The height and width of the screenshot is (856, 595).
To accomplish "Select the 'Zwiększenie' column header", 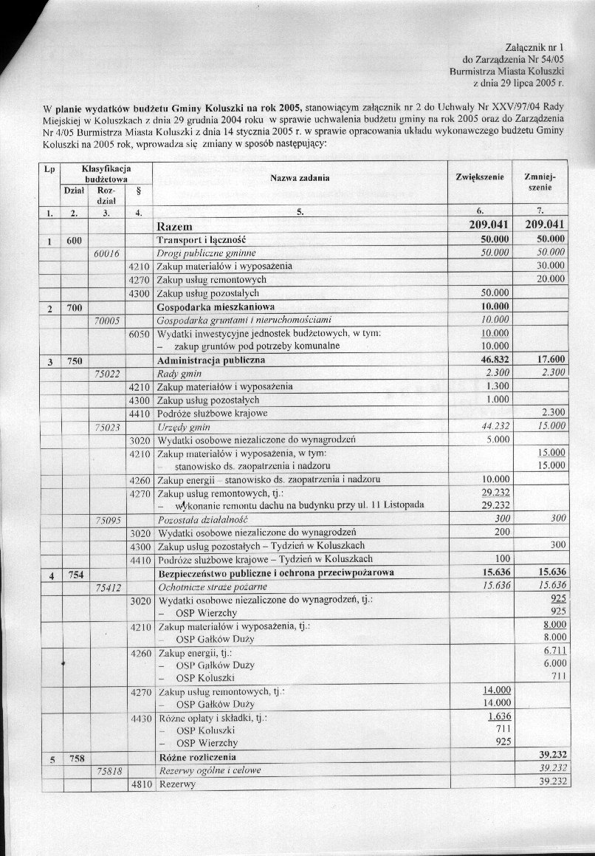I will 480,178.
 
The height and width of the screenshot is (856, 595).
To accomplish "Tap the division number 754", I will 75,573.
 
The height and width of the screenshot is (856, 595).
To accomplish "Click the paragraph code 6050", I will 139,334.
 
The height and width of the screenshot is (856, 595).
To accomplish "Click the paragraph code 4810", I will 139,784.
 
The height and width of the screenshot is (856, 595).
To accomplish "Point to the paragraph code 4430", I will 139,717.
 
